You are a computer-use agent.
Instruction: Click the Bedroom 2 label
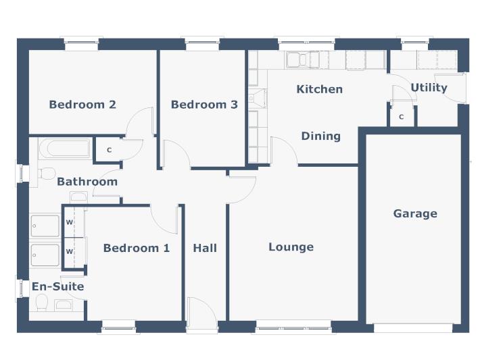click(x=82, y=105)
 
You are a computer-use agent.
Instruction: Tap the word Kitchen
click(x=320, y=89)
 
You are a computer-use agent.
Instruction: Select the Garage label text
click(x=415, y=213)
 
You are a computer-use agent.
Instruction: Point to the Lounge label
click(x=291, y=247)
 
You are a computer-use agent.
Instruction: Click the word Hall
click(x=205, y=248)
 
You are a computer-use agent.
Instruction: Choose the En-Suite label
click(x=58, y=286)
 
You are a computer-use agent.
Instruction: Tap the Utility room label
click(x=429, y=88)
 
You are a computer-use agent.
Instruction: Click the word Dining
click(x=320, y=136)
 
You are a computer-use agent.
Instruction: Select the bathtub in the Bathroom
click(x=64, y=148)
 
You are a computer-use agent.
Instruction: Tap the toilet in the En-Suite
click(x=41, y=301)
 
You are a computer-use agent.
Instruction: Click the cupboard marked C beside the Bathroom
click(x=109, y=149)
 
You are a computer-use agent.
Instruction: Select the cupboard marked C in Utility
click(x=401, y=116)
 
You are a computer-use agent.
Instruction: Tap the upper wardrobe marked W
click(x=70, y=222)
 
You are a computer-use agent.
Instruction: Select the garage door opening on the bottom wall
click(x=413, y=328)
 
